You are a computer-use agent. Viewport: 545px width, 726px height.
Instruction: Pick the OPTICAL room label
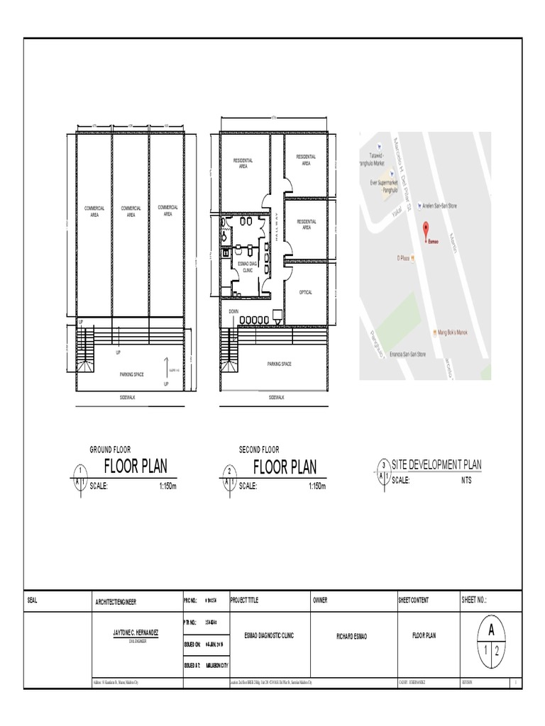[306, 292]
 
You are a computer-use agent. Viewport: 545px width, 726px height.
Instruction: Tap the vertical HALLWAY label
[279, 228]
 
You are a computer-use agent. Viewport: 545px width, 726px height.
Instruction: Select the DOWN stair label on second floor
[233, 311]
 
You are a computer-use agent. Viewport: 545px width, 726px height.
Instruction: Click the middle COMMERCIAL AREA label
[131, 211]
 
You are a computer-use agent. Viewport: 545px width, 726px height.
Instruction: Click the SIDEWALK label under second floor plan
[278, 398]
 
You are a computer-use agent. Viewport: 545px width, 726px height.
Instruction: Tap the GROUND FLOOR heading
[110, 449]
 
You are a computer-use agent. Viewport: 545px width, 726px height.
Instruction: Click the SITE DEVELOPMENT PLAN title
[436, 464]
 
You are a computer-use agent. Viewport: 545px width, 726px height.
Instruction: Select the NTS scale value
[466, 480]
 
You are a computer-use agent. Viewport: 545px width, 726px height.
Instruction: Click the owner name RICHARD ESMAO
[354, 636]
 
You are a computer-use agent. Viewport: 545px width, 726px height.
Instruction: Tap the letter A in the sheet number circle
[490, 629]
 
